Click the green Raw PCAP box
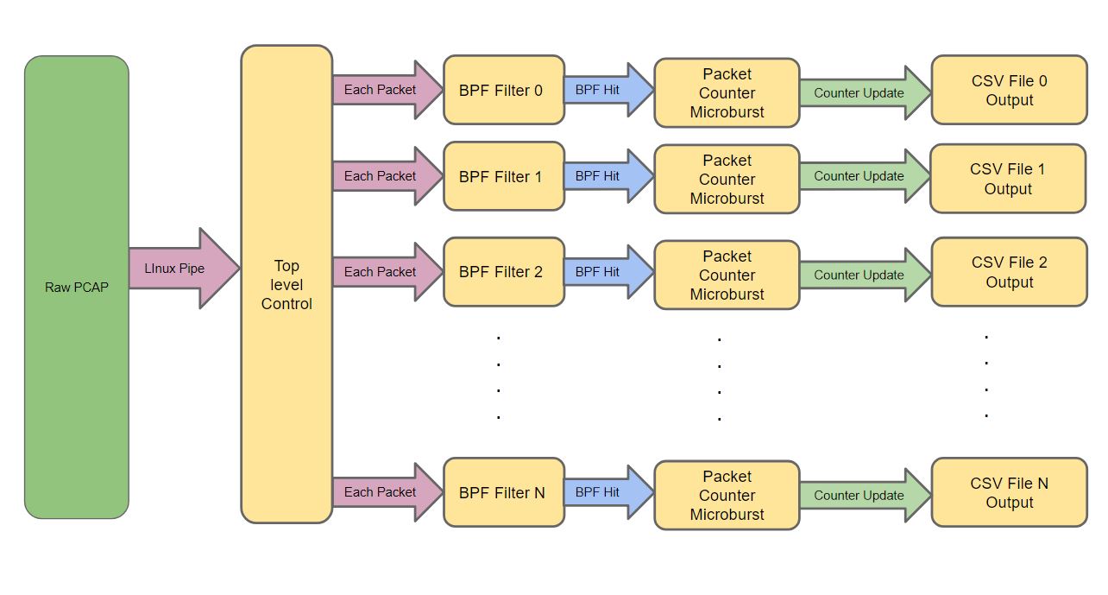tap(77, 287)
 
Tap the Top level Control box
tap(286, 284)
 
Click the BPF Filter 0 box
tap(504, 90)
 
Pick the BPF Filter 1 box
tap(504, 176)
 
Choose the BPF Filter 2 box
tap(504, 272)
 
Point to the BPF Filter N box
tap(504, 492)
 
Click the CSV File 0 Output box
tap(1009, 91)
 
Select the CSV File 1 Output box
tap(1007, 179)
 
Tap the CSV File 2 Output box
tap(1009, 272)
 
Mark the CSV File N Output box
tap(1009, 493)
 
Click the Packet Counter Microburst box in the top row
tap(727, 93)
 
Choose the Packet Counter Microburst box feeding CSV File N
tap(727, 495)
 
